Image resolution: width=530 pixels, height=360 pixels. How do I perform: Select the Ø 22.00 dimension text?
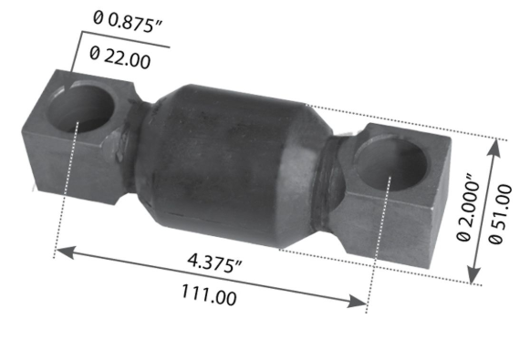pos(121,57)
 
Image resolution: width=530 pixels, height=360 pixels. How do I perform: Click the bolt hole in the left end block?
pos(83,108)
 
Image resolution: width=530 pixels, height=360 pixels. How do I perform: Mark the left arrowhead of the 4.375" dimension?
pos(60,249)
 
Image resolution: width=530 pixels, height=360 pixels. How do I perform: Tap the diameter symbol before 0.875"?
pos(97,17)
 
